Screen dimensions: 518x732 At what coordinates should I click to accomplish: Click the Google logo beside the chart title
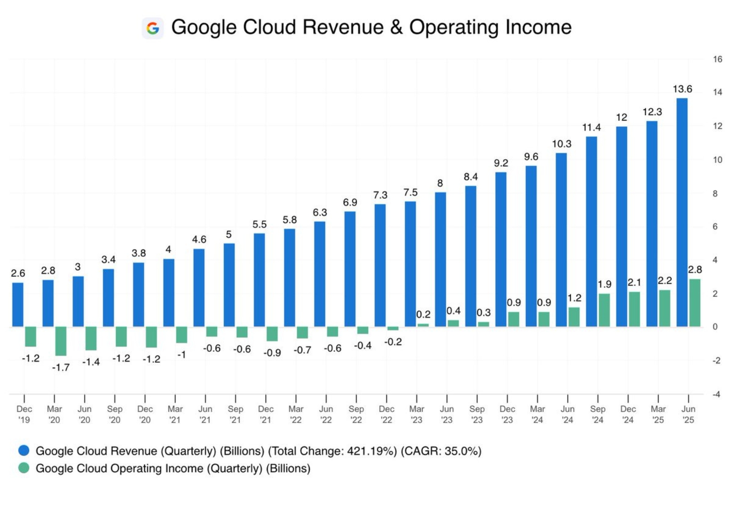(x=153, y=28)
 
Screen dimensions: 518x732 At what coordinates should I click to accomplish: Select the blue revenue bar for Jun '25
(x=682, y=212)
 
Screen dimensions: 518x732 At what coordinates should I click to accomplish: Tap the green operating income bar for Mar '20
(x=61, y=341)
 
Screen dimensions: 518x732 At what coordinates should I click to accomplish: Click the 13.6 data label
(x=682, y=89)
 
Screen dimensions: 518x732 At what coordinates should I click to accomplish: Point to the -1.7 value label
(x=61, y=367)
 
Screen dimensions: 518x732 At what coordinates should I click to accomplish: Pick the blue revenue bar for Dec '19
(x=18, y=304)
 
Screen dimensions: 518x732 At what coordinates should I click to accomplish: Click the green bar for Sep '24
(x=604, y=310)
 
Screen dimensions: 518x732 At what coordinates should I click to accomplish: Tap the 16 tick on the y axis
(x=717, y=59)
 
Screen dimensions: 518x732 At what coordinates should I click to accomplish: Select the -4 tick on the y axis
(x=716, y=394)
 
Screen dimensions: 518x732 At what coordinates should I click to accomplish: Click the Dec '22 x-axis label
(x=386, y=414)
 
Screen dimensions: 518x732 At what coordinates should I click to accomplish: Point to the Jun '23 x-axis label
(x=447, y=414)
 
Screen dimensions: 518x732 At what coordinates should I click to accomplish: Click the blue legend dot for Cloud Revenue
(x=24, y=451)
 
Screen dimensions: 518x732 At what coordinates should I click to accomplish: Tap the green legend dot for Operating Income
(x=24, y=468)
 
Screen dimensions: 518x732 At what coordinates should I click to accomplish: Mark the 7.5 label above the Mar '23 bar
(x=410, y=193)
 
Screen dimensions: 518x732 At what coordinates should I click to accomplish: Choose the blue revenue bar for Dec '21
(x=259, y=280)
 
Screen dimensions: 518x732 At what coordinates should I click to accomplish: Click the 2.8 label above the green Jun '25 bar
(x=694, y=270)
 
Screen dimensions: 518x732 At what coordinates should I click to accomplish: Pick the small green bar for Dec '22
(x=393, y=328)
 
